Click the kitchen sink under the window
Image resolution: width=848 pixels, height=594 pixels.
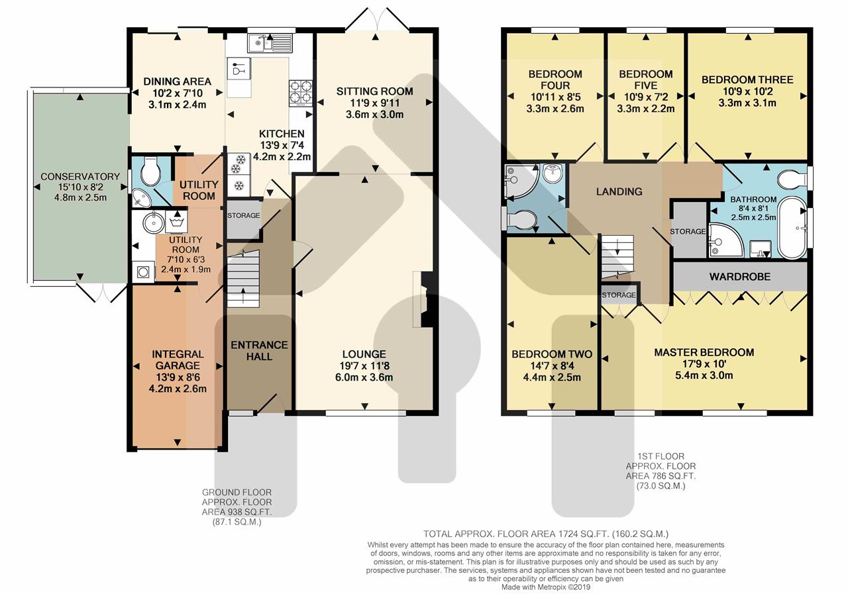coord(270,43)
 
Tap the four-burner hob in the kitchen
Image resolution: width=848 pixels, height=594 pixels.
coord(301,92)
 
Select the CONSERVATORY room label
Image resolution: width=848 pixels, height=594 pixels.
coord(80,176)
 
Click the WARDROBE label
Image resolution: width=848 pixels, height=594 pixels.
coord(740,277)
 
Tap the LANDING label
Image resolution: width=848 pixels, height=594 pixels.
coord(619,191)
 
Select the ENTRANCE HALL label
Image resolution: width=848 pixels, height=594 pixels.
coord(259,351)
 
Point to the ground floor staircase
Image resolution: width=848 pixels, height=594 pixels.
coord(243,279)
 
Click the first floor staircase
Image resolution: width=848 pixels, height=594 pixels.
coord(617,258)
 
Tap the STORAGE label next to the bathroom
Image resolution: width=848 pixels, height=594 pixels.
coord(688,231)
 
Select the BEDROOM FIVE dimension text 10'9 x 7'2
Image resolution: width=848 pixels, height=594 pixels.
coord(646,97)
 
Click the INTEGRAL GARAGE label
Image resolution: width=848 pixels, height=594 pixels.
coord(178,360)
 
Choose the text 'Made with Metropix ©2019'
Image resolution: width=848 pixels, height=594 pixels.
coord(545,587)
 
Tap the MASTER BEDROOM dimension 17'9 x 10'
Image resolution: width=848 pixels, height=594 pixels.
coord(704,364)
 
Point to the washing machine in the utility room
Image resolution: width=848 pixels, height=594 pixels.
coord(143,272)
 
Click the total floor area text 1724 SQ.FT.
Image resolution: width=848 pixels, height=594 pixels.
coord(583,534)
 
